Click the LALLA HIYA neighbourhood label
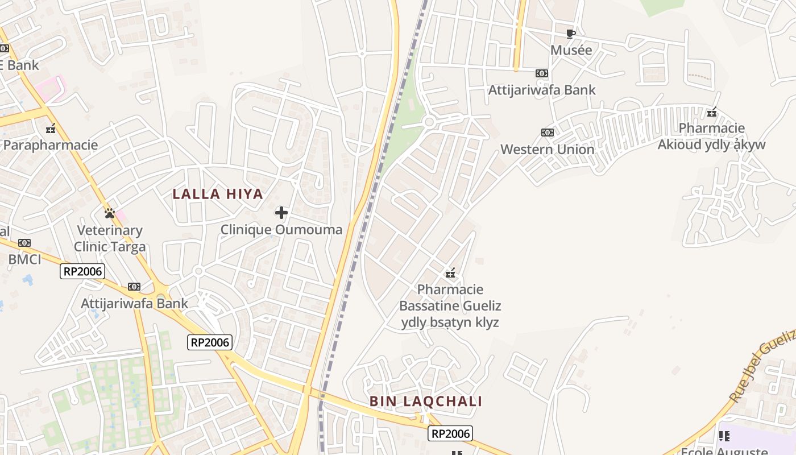(218, 194)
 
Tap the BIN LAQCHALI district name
(426, 402)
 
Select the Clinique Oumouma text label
(281, 230)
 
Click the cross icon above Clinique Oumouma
(281, 213)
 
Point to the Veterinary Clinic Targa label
(110, 238)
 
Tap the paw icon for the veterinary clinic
(110, 213)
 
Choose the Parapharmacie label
(51, 145)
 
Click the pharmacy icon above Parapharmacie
(51, 128)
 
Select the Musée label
(571, 50)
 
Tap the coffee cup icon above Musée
(571, 34)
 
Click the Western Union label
(547, 150)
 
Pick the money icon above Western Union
(547, 133)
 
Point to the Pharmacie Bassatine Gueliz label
(450, 306)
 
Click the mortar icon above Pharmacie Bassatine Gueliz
(450, 273)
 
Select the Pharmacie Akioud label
(711, 136)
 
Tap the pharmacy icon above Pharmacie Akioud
(711, 111)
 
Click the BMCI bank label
(24, 260)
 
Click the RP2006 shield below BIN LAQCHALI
(450, 434)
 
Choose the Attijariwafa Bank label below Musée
(542, 90)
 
